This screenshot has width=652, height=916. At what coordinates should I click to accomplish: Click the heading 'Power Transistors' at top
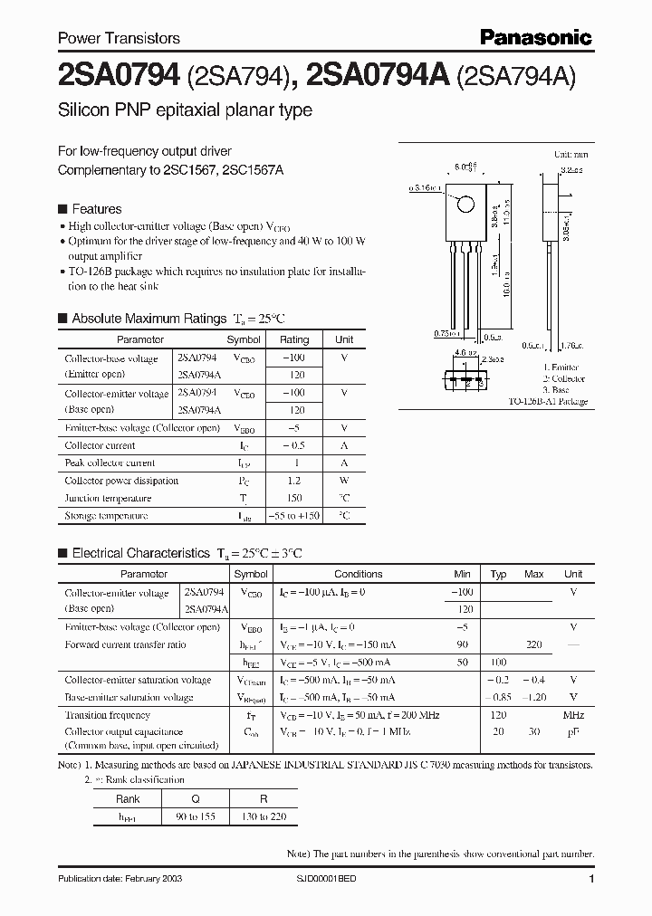[x=119, y=39]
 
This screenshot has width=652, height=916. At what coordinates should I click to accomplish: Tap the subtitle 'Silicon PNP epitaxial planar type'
[x=185, y=110]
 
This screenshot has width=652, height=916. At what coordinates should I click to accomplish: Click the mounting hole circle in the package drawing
[x=465, y=203]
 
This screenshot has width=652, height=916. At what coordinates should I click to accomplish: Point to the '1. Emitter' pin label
[x=562, y=368]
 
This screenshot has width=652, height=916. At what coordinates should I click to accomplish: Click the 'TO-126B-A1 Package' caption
[x=547, y=401]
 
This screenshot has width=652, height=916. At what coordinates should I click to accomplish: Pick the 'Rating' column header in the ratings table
[x=293, y=339]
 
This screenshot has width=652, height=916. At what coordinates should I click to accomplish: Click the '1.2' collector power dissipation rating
[x=293, y=481]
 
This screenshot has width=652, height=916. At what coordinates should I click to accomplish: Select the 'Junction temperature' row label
[x=108, y=498]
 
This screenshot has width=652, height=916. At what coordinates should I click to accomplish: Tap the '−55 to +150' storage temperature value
[x=293, y=516]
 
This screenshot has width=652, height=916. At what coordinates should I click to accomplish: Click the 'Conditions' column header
[x=358, y=574]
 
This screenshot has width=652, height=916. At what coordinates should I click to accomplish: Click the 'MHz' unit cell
[x=573, y=715]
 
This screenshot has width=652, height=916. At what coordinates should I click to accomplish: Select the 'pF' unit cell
[x=573, y=731]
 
